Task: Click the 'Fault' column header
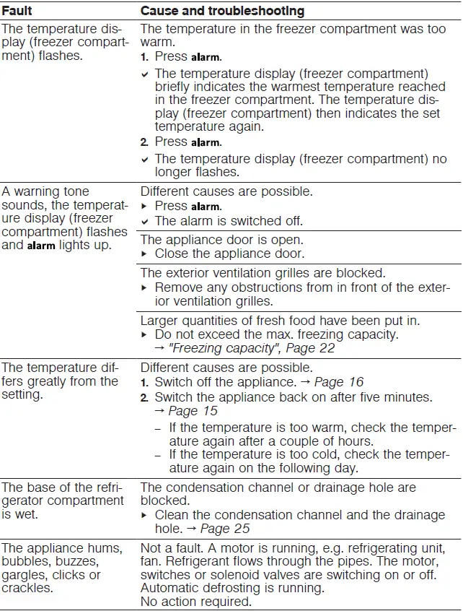pos(17,12)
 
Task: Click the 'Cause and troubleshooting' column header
pos(222,12)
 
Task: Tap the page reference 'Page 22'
pos(312,349)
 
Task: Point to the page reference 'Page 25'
pos(226,529)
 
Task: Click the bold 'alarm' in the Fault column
pos(41,246)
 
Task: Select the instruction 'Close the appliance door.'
pos(229,253)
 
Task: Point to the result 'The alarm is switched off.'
pos(229,221)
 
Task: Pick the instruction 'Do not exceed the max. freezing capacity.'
pos(277,334)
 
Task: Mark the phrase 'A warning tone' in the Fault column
pos(46,191)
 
